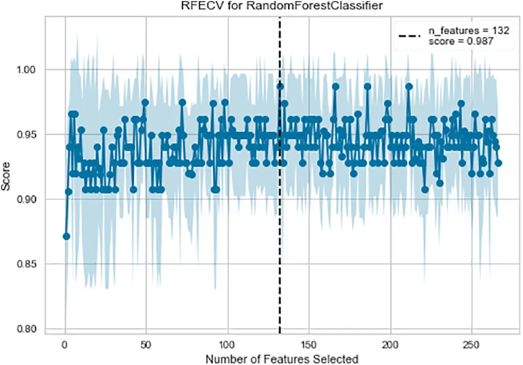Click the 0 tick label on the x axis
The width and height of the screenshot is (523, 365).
pyautogui.click(x=65, y=343)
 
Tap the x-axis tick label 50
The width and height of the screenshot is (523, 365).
pyautogui.click(x=146, y=343)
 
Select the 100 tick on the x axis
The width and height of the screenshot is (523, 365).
pyautogui.click(x=228, y=343)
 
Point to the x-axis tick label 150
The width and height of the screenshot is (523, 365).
pyautogui.click(x=309, y=343)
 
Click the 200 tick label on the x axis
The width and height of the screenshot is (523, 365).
pyautogui.click(x=390, y=343)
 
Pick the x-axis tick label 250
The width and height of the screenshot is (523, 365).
pyautogui.click(x=471, y=343)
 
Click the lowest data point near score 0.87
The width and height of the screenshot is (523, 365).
pyautogui.click(x=66, y=236)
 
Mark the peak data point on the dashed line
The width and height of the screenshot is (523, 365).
pyautogui.click(x=280, y=86)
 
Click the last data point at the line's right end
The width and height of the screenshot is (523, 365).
pyautogui.click(x=498, y=162)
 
